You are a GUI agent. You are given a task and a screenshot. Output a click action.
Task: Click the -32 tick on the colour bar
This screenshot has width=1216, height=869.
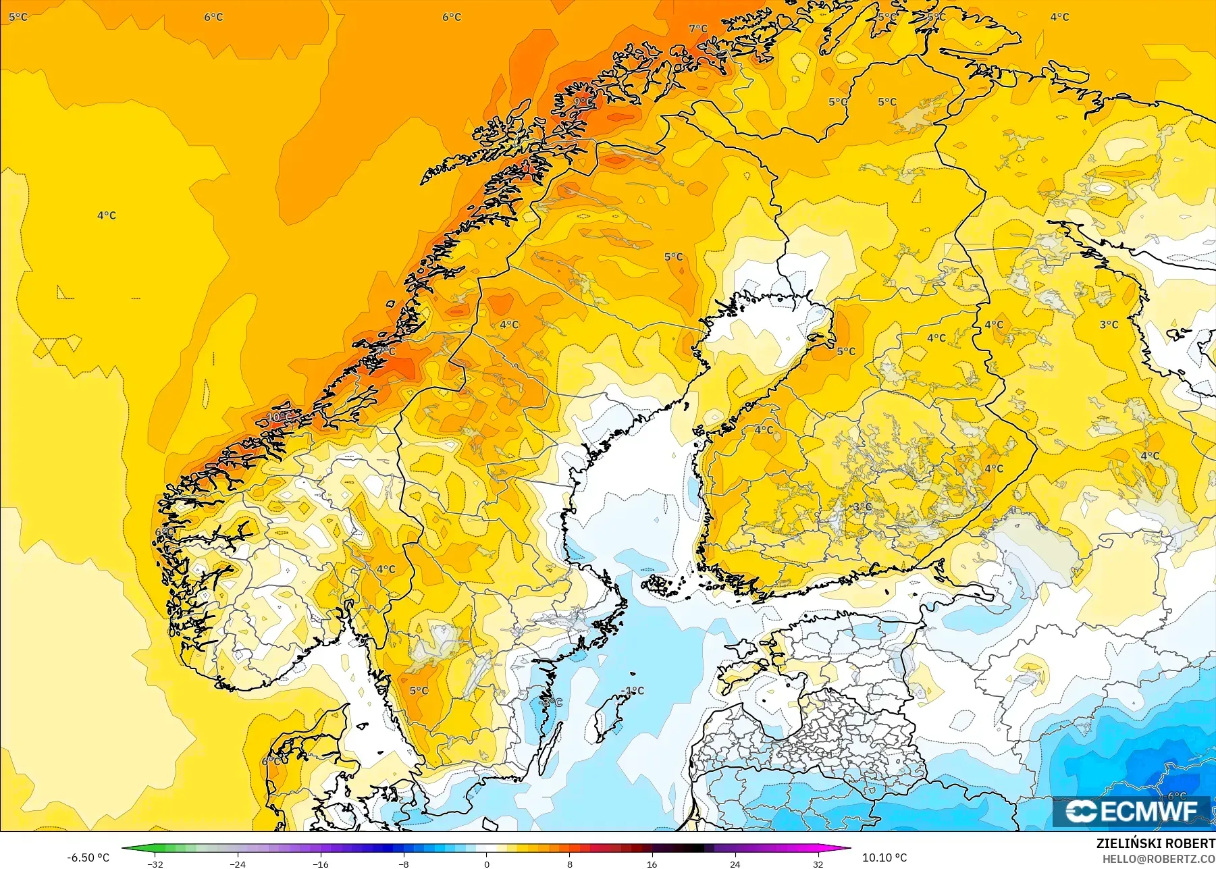(156, 863)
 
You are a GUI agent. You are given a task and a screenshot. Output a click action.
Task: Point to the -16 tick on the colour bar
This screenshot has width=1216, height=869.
(321, 863)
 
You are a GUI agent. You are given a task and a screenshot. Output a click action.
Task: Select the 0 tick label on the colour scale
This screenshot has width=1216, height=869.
(487, 864)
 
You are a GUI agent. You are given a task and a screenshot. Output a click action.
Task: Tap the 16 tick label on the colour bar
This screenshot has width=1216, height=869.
(652, 864)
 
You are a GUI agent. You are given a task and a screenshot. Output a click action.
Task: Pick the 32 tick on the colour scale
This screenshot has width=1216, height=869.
(818, 863)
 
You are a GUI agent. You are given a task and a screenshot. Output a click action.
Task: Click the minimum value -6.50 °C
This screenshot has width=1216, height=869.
(88, 858)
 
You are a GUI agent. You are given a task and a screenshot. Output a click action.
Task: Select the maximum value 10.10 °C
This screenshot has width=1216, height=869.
(884, 858)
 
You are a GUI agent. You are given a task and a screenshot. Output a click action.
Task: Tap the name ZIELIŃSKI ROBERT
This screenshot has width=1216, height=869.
(1155, 843)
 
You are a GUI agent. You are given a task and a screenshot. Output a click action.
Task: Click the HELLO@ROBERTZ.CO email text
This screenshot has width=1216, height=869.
(1159, 859)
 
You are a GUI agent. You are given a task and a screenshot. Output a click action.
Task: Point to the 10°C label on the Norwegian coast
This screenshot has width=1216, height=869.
(280, 417)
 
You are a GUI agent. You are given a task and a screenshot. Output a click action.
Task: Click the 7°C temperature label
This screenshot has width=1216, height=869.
(698, 28)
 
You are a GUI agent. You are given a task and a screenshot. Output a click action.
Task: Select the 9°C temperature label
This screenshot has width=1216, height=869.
(583, 101)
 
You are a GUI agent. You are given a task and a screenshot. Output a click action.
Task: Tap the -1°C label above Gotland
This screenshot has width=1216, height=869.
(633, 691)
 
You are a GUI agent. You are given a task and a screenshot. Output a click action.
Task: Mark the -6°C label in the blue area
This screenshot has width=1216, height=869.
(1176, 797)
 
